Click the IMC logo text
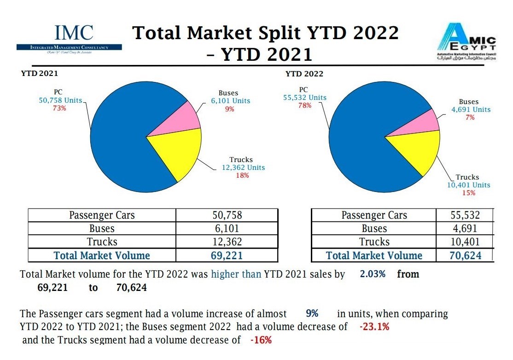click(x=74, y=32)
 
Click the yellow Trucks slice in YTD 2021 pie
click(x=182, y=152)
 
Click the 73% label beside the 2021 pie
click(x=59, y=108)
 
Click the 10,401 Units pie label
click(x=468, y=185)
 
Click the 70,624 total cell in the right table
click(x=465, y=255)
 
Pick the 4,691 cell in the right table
click(x=465, y=228)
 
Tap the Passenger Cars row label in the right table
click(x=374, y=215)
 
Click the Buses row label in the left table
click(x=102, y=228)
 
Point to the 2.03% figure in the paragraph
click(x=373, y=274)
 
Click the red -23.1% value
click(x=374, y=327)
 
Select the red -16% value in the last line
click(x=261, y=341)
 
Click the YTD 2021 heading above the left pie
click(x=40, y=73)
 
